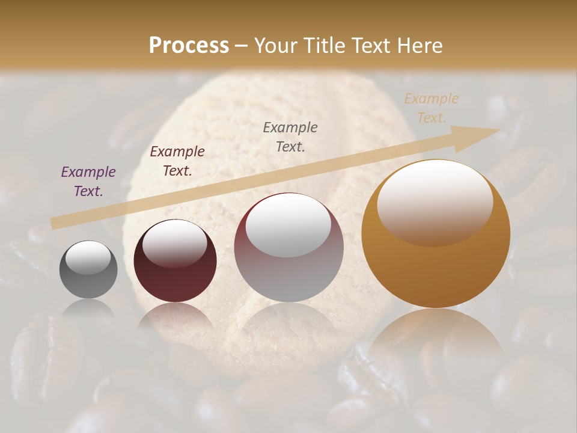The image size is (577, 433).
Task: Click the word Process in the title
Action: (189, 46)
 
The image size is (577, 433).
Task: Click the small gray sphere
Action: (88, 269)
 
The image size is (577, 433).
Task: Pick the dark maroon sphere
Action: (175, 260)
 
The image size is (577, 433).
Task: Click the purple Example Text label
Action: (88, 182)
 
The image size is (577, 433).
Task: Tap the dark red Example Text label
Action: (177, 161)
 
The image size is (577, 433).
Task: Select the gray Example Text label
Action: (290, 137)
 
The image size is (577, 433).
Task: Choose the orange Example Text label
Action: (432, 108)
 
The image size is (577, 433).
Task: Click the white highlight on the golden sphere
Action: (435, 201)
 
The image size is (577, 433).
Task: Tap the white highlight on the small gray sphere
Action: (88, 257)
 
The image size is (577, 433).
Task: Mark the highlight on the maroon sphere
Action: (175, 242)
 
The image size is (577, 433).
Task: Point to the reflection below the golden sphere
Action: (436, 343)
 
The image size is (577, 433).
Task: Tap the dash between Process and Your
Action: (242, 46)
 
